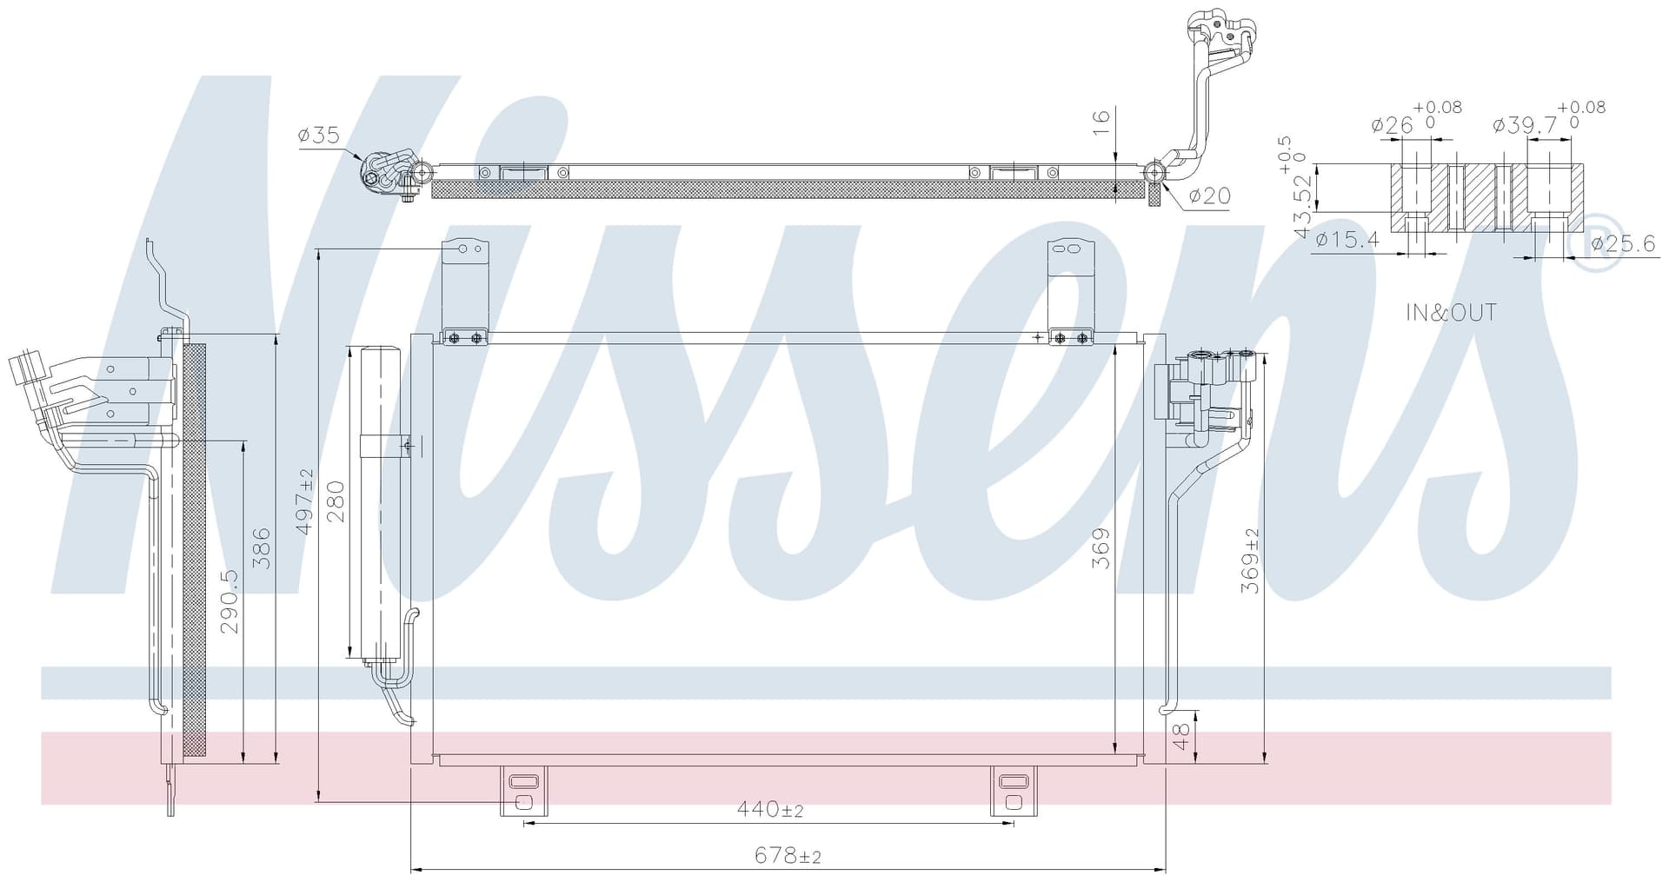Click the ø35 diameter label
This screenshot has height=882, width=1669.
tap(318, 136)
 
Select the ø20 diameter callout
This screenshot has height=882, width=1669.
tap(1210, 196)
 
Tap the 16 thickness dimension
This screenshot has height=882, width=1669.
tap(1101, 122)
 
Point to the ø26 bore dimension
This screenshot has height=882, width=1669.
tap(1393, 126)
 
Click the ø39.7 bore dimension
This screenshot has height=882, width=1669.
tap(1525, 126)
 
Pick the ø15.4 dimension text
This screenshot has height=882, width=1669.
tap(1347, 240)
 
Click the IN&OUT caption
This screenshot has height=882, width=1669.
tap(1451, 313)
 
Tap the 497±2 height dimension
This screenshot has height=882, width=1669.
tap(304, 501)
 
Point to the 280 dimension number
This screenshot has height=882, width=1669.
tap(336, 501)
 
